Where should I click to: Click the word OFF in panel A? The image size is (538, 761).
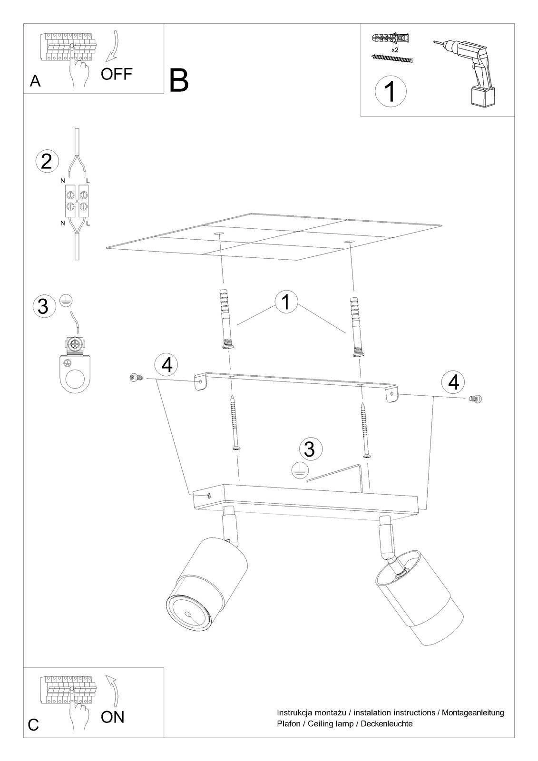[x=116, y=74]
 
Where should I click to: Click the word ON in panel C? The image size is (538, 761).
[x=112, y=717]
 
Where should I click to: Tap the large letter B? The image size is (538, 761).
[x=179, y=80]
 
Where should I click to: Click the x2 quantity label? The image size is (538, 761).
[x=394, y=50]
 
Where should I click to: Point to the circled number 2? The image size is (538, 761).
[x=47, y=162]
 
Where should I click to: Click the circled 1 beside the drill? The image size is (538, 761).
[x=391, y=91]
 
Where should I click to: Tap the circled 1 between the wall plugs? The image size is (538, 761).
[x=286, y=302]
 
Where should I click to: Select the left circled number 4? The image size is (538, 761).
[x=166, y=365]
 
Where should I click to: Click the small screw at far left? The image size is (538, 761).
[x=137, y=377]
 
